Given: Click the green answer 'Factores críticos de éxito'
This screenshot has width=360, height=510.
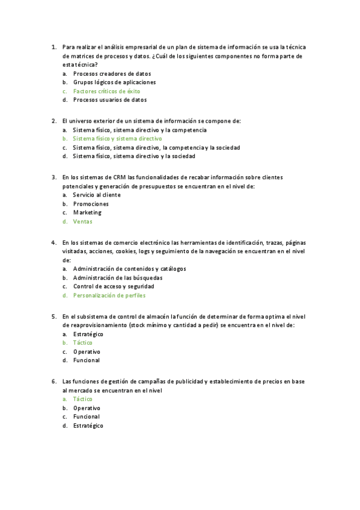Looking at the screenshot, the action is point(106,91).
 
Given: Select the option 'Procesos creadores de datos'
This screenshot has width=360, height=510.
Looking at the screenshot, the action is point(108,73).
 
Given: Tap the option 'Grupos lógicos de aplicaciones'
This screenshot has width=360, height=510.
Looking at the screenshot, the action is point(114,82).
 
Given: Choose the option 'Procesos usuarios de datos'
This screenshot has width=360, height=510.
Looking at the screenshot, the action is point(109,100).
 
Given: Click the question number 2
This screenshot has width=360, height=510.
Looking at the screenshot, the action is point(54,121).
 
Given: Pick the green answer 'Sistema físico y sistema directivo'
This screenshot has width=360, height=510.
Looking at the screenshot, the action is point(117,138).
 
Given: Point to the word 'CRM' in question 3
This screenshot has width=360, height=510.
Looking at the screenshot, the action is point(119,177).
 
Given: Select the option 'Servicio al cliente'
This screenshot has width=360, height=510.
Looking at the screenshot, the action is point(97,195).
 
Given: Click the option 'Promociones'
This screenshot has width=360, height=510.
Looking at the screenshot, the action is point(91,204).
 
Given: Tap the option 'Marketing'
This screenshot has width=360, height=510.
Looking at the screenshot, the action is point(87,212).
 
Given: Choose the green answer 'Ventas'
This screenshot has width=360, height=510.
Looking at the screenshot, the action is point(82,221).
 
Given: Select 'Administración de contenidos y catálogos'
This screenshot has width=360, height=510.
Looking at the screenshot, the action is point(129,269).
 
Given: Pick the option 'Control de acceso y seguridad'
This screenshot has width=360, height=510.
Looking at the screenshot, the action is point(114,287).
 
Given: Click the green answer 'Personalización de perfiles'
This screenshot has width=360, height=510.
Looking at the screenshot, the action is point(109,295).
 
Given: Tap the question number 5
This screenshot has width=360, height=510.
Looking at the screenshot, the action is point(54,316).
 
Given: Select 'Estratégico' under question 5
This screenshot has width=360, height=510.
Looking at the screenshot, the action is point(88,334).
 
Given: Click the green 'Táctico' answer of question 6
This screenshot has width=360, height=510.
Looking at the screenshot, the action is point(82,399).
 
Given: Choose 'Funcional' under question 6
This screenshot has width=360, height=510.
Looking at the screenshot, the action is point(86,416).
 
